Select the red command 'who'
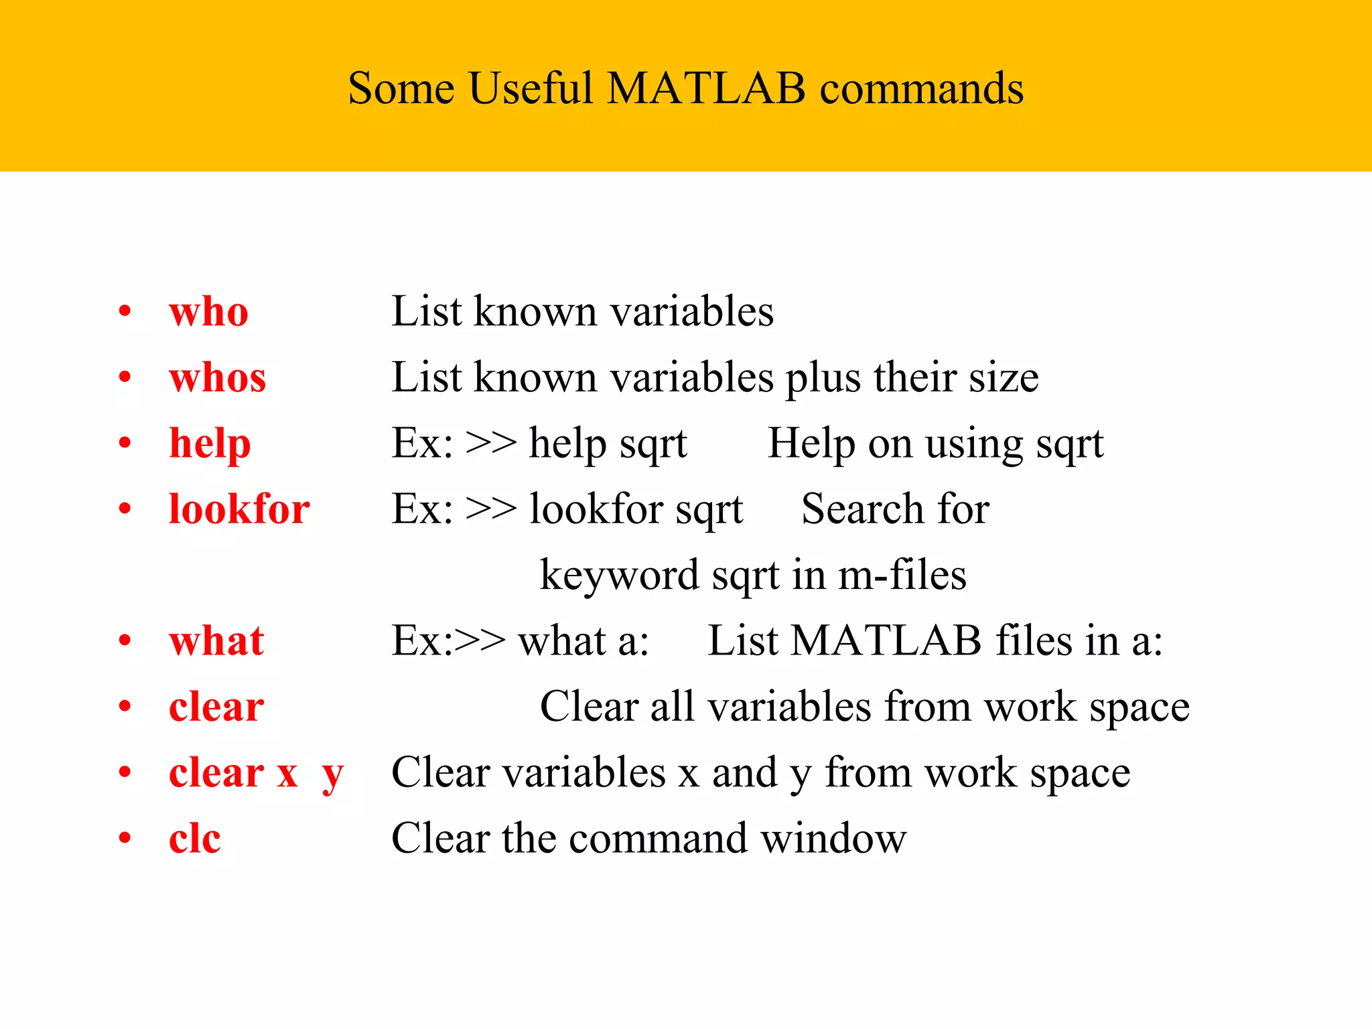(x=208, y=312)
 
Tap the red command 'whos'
(x=217, y=378)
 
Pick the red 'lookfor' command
(x=239, y=509)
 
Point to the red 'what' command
(x=216, y=641)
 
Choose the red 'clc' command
(x=194, y=839)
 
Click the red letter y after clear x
(x=332, y=775)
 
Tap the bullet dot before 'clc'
(x=125, y=839)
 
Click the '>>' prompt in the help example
(x=491, y=443)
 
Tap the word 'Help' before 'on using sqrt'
(x=811, y=443)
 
